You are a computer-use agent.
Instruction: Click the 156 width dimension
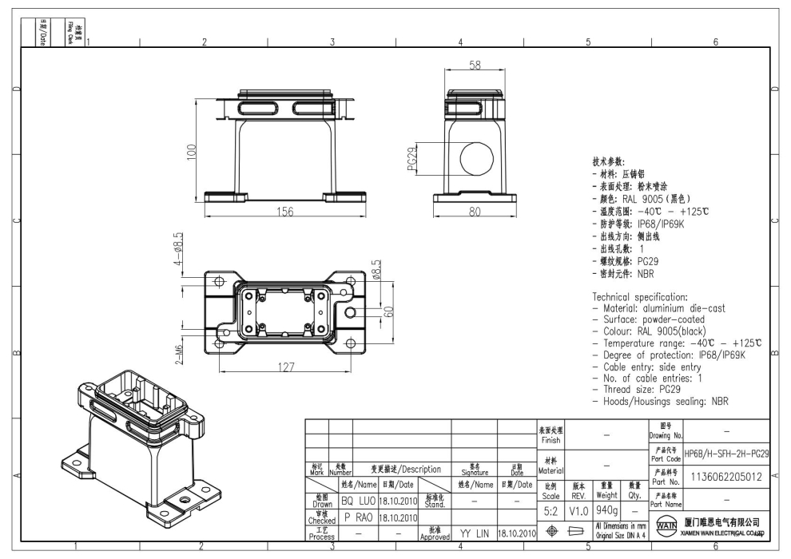coord(285,212)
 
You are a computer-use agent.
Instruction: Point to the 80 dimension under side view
coord(475,212)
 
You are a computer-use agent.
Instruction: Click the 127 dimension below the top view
coord(284,368)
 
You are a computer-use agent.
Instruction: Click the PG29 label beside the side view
coord(412,159)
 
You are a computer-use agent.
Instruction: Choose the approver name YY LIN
coord(474,532)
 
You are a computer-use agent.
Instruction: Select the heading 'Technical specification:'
coord(639,296)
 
